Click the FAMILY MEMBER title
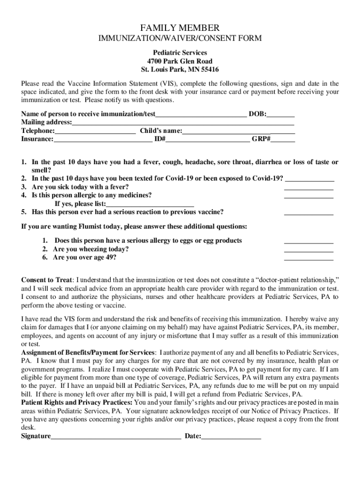coord(180,28)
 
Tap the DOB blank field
coord(281,114)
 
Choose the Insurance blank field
coord(103,139)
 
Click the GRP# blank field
coord(283,139)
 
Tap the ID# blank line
coord(208,139)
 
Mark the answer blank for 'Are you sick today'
coord(309,187)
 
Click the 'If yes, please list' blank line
coord(150,204)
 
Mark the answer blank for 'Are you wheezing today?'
coord(309,249)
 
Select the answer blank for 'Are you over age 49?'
coord(309,258)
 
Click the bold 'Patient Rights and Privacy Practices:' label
coord(77,402)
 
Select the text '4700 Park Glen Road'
coord(180,61)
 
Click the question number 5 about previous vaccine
coord(24,212)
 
